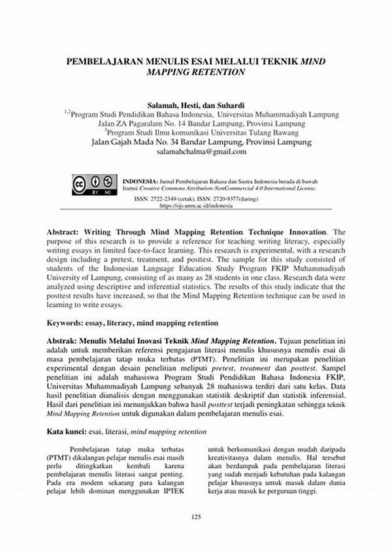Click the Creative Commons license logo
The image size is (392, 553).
[93, 184]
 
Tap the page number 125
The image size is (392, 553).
[196, 516]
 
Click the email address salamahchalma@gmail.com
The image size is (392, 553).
[201, 152]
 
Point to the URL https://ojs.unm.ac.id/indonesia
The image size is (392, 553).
[196, 205]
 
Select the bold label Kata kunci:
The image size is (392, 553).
[68, 432]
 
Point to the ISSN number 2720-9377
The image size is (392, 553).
[231, 198]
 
